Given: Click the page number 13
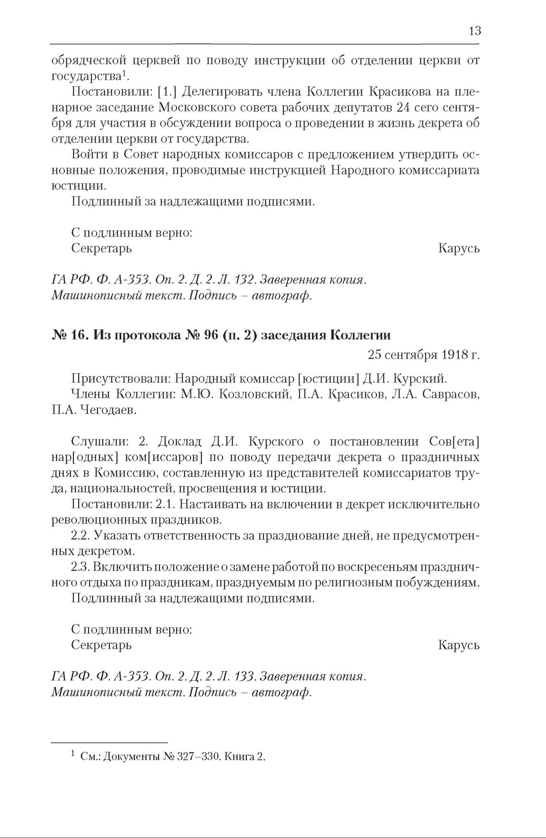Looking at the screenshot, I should [475, 31].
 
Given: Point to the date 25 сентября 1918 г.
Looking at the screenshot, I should [424, 355].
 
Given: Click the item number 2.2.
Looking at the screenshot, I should [80, 535].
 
